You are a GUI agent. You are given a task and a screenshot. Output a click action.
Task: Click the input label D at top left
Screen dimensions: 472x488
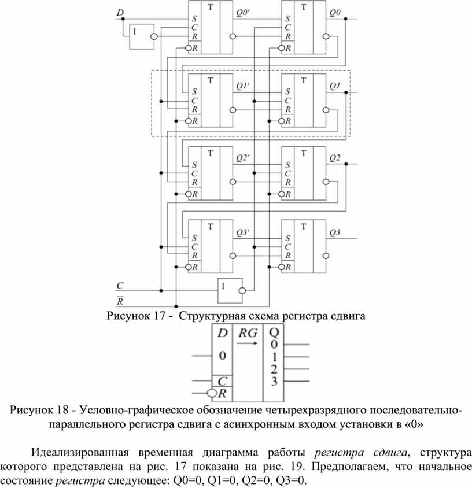(x=120, y=13)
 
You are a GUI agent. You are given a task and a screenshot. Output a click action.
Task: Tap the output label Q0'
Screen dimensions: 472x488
(x=243, y=13)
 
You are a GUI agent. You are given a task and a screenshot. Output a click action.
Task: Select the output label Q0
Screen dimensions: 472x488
(x=335, y=13)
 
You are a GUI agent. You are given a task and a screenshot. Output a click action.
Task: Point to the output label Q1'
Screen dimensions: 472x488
(x=243, y=86)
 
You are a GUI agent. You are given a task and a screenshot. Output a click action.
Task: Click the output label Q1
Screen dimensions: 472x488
(x=335, y=86)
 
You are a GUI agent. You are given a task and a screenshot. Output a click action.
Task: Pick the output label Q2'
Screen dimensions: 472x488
(x=243, y=158)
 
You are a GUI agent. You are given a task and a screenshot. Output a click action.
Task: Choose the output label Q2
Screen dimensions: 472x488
(x=335, y=158)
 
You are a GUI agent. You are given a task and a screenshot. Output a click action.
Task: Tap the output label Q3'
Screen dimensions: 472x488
(x=243, y=233)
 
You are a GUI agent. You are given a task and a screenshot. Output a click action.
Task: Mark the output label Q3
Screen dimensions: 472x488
(x=335, y=233)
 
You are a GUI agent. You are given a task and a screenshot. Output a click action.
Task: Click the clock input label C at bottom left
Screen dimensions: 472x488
(x=120, y=286)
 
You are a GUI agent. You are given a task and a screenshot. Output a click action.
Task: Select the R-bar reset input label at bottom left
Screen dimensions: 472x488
(x=120, y=301)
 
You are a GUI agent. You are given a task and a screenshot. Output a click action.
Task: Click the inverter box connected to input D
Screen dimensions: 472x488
(x=142, y=37)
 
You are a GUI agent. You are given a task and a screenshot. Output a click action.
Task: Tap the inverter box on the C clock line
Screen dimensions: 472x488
(x=230, y=290)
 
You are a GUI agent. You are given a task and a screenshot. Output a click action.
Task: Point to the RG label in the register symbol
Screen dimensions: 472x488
(x=248, y=333)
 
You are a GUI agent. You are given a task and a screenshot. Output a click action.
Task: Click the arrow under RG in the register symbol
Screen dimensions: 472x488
(x=247, y=343)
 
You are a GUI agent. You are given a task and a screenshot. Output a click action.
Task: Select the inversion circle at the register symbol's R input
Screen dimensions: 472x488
(x=212, y=393)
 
